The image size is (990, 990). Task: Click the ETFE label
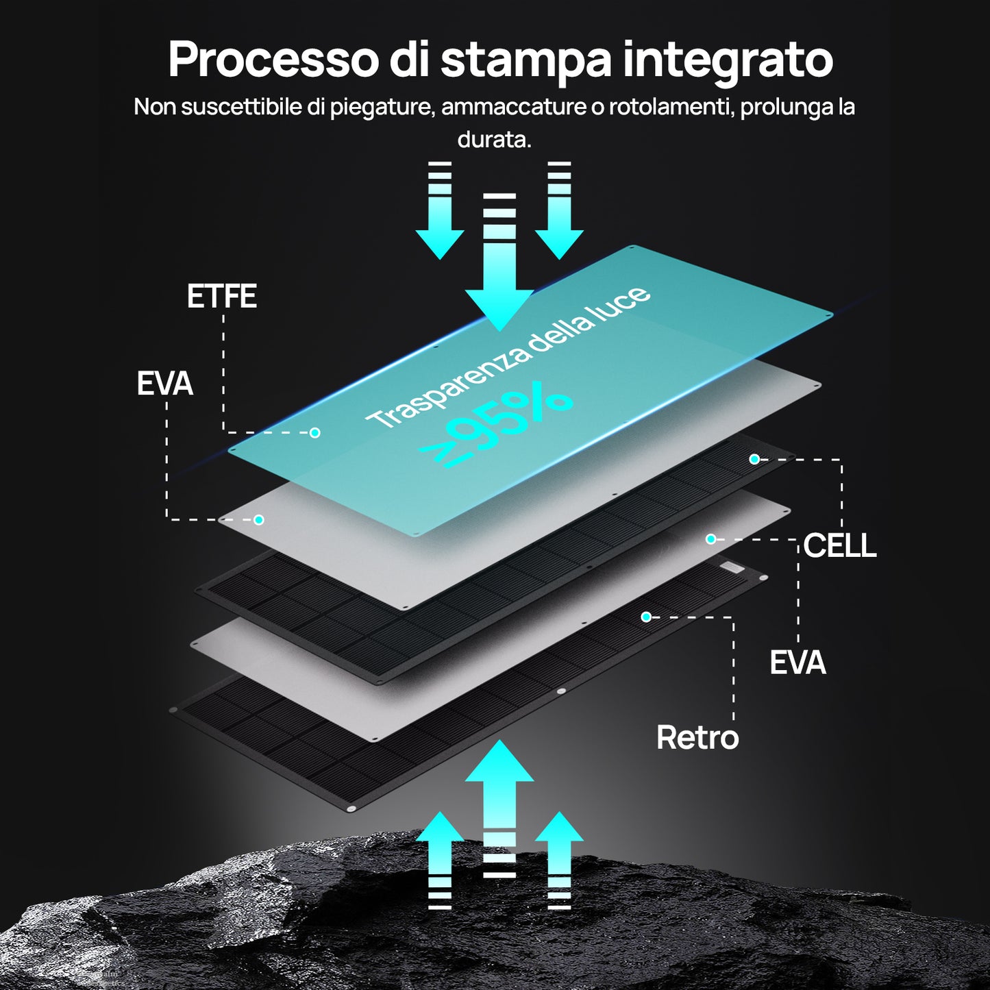pyautogui.click(x=222, y=297)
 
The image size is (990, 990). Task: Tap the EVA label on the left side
pyautogui.click(x=164, y=384)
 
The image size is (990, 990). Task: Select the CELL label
pyautogui.click(x=839, y=545)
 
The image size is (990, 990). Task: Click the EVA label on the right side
pyautogui.click(x=797, y=663)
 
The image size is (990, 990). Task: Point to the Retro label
pyautogui.click(x=697, y=738)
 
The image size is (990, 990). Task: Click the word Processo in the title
pyautogui.click(x=273, y=60)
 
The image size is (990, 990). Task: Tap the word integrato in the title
pyautogui.click(x=728, y=60)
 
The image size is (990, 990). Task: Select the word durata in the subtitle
pyautogui.click(x=494, y=140)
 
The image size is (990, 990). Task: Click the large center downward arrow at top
pyautogui.click(x=499, y=274)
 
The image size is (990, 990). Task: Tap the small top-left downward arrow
pyautogui.click(x=440, y=219)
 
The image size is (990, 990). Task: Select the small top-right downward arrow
pyautogui.click(x=559, y=219)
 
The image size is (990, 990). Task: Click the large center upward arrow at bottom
pyautogui.click(x=499, y=795)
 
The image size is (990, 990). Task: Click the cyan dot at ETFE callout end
pyautogui.click(x=315, y=432)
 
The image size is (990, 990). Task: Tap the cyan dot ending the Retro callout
pyautogui.click(x=645, y=617)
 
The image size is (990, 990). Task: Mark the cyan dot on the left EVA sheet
pyautogui.click(x=259, y=520)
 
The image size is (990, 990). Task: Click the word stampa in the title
pyautogui.click(x=525, y=60)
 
